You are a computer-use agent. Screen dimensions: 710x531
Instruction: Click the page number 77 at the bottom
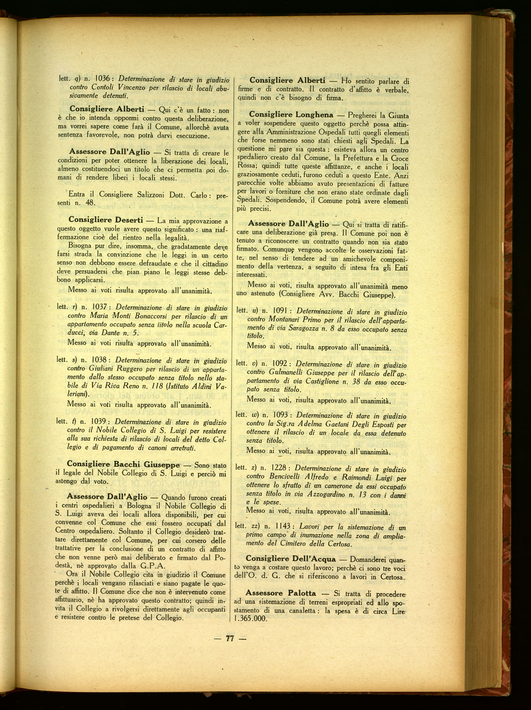pyautogui.click(x=230, y=638)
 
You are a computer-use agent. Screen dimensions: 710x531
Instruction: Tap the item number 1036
pyautogui.click(x=102, y=79)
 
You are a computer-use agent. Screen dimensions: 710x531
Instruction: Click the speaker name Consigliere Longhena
pyautogui.click(x=291, y=115)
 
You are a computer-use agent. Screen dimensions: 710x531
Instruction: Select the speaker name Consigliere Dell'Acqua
pyautogui.click(x=291, y=559)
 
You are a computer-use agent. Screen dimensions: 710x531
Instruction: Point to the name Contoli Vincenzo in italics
pyautogui.click(x=123, y=87)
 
